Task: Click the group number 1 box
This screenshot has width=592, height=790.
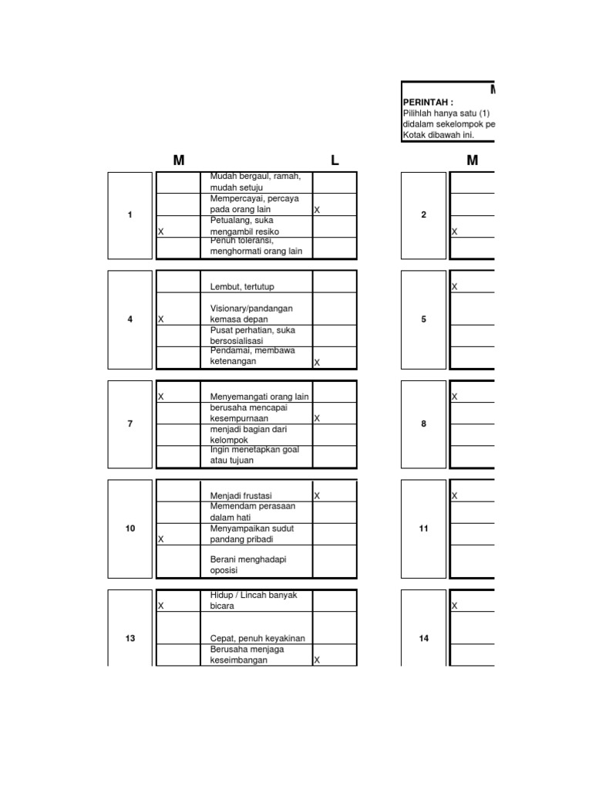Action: tap(130, 215)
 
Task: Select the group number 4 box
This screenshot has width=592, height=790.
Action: tap(130, 319)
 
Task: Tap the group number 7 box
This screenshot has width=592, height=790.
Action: tap(130, 424)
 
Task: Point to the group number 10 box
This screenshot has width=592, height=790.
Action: tap(130, 528)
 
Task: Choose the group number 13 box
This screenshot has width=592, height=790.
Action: tap(130, 638)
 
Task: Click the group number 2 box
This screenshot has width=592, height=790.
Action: tap(424, 215)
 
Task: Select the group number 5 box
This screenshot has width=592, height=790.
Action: tap(424, 319)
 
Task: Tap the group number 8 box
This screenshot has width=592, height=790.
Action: tap(424, 424)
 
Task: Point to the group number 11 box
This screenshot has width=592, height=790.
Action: tap(424, 528)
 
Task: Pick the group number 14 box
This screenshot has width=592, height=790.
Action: tap(424, 638)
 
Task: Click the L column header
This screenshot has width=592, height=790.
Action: tap(335, 160)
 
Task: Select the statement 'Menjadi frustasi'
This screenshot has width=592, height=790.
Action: tap(241, 495)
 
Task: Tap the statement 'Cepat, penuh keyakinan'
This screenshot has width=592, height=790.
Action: tap(257, 638)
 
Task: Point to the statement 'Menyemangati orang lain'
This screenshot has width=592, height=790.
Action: tap(259, 397)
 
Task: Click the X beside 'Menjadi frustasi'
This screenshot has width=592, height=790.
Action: tap(317, 495)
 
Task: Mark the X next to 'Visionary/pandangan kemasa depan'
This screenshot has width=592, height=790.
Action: tap(160, 319)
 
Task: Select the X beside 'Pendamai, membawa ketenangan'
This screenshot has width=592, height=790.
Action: tap(317, 363)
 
